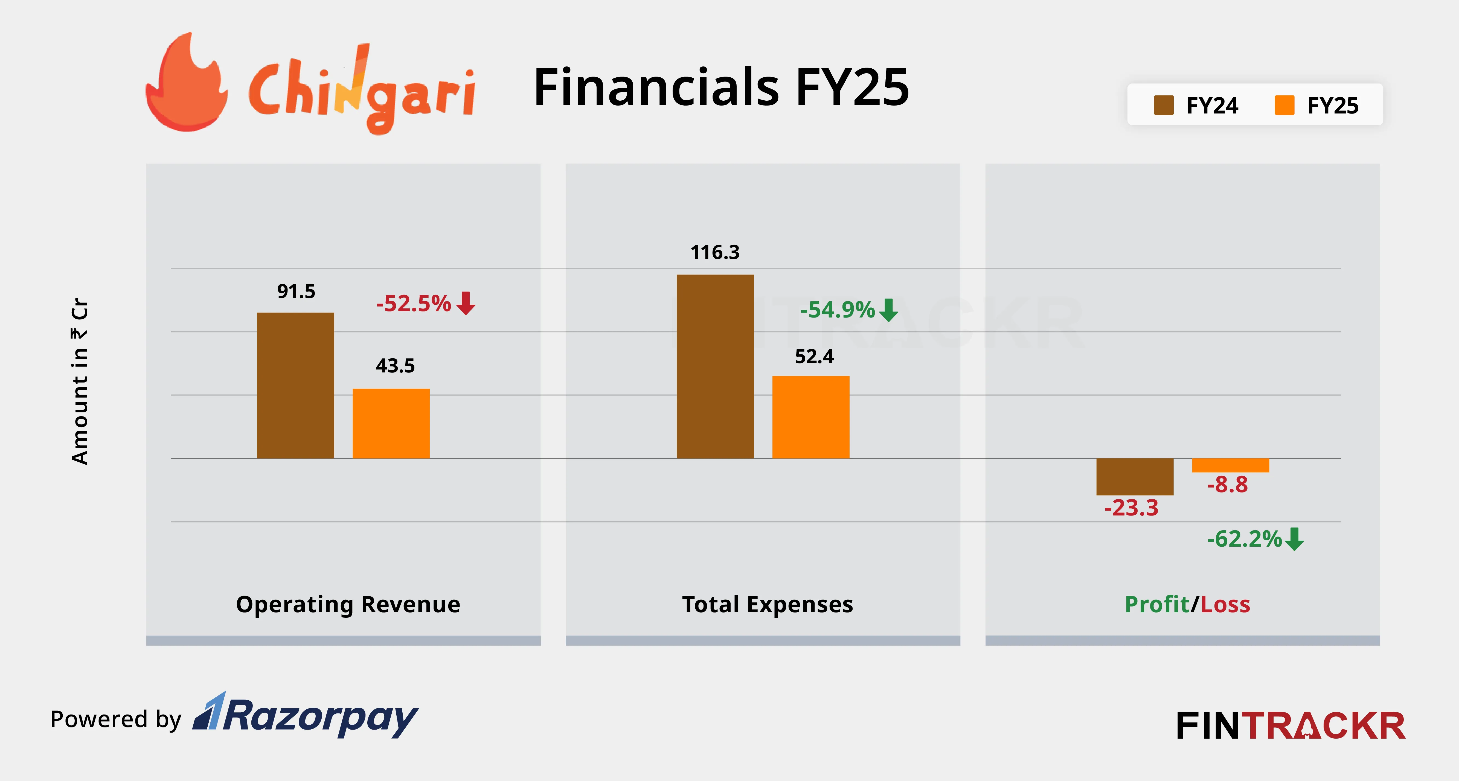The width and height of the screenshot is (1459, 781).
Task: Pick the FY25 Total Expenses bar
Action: click(x=810, y=417)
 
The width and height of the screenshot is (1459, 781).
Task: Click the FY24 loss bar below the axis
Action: click(x=1135, y=476)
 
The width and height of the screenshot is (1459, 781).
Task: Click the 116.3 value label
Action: click(x=715, y=252)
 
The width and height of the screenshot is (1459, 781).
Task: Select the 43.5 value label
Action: click(x=395, y=366)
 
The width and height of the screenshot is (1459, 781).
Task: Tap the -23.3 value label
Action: click(x=1131, y=508)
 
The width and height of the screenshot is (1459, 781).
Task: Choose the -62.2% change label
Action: click(x=1244, y=539)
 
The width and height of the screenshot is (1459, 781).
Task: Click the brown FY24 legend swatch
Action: click(x=1163, y=105)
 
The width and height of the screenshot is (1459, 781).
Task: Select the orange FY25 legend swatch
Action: click(x=1284, y=105)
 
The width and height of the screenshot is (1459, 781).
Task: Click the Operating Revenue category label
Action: click(x=348, y=604)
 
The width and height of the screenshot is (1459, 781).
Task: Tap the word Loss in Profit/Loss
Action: click(x=1225, y=604)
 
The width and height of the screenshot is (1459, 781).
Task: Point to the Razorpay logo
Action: click(x=306, y=716)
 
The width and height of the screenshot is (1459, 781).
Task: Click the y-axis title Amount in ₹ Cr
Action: click(x=80, y=381)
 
